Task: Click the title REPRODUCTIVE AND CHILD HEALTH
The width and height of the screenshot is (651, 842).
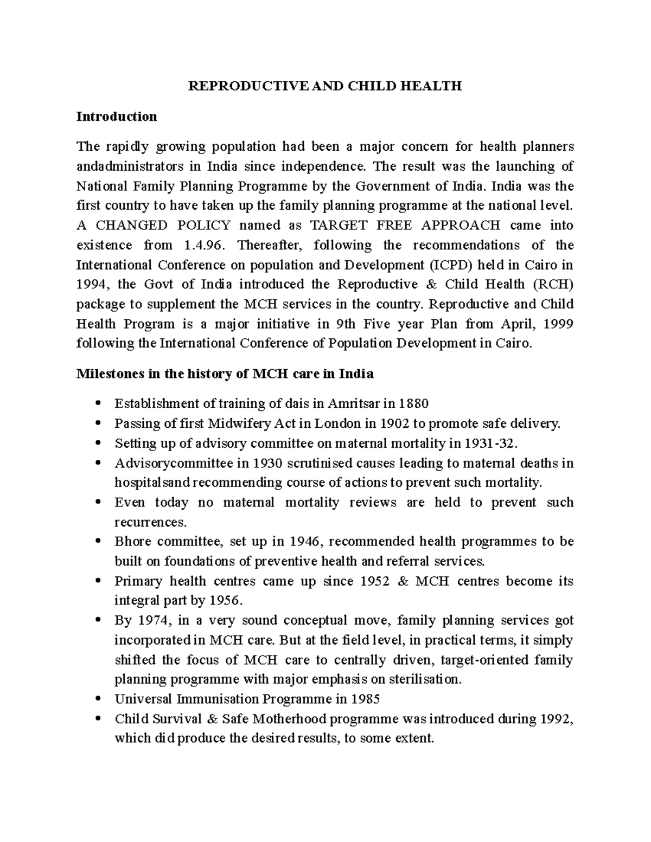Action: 325,86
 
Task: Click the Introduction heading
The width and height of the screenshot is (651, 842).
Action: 117,117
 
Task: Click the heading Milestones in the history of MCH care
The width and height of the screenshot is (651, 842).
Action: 225,374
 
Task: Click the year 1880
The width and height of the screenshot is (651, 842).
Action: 413,404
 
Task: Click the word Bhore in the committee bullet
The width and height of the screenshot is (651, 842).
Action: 131,542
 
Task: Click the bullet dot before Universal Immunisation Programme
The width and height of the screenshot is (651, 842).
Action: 98,699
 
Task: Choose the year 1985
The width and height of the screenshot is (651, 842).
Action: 365,699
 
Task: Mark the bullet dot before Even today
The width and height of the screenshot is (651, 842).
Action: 98,503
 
